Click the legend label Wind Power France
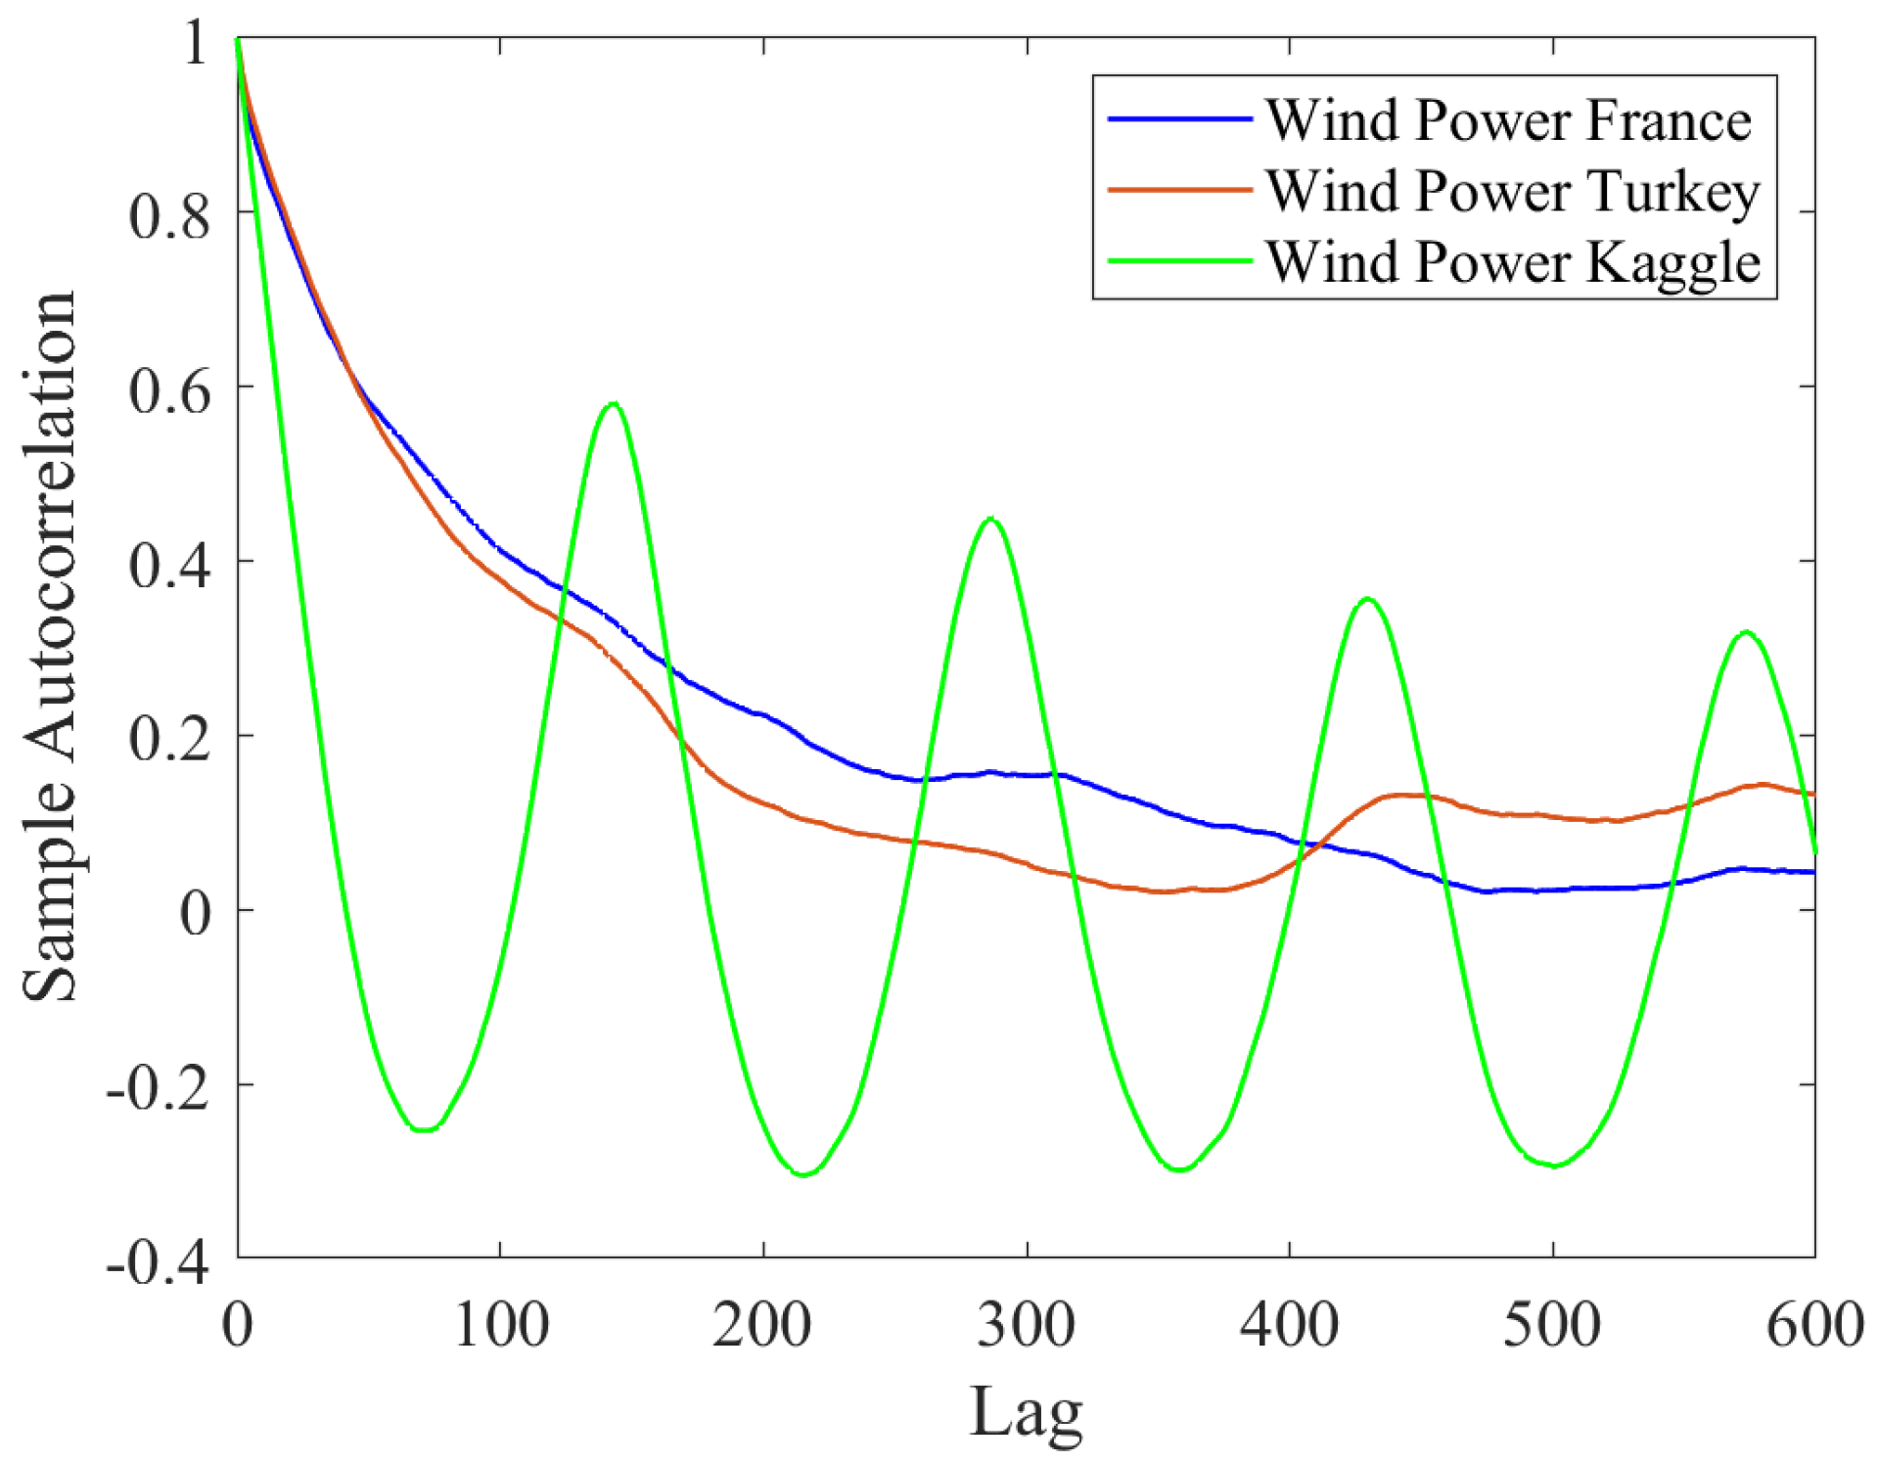[1508, 120]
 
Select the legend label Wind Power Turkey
[1512, 191]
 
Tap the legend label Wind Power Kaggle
[1512, 262]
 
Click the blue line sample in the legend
[1179, 119]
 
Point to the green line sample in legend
[1179, 261]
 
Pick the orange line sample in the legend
[1179, 190]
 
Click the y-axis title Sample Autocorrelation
[49, 646]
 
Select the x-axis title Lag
[1026, 1412]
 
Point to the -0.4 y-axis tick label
[158, 1263]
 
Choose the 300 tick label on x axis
[1026, 1325]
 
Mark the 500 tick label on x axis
[1552, 1325]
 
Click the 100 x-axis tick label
[501, 1325]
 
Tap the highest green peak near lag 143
[614, 403]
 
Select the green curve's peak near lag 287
[991, 519]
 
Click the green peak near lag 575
[1747, 632]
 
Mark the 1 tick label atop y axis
[196, 44]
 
